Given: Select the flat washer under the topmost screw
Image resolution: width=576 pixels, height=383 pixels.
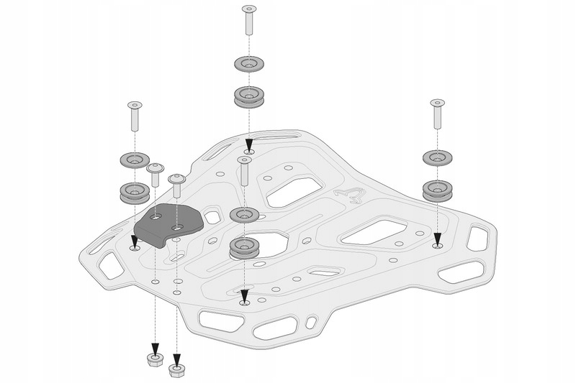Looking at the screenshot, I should pos(249,65).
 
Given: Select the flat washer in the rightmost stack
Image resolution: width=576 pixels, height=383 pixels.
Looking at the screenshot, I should pos(438,157).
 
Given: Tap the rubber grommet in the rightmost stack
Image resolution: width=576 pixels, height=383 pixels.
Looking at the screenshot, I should pos(438,189).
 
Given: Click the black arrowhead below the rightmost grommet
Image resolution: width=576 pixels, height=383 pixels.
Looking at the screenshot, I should pos(438,239).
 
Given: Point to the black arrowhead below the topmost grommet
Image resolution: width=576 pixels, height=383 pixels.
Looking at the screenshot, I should pos(249,146).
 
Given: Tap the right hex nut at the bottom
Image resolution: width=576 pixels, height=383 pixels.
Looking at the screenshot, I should pos(175,369).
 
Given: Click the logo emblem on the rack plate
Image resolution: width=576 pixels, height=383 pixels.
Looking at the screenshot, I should pos(352,194).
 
